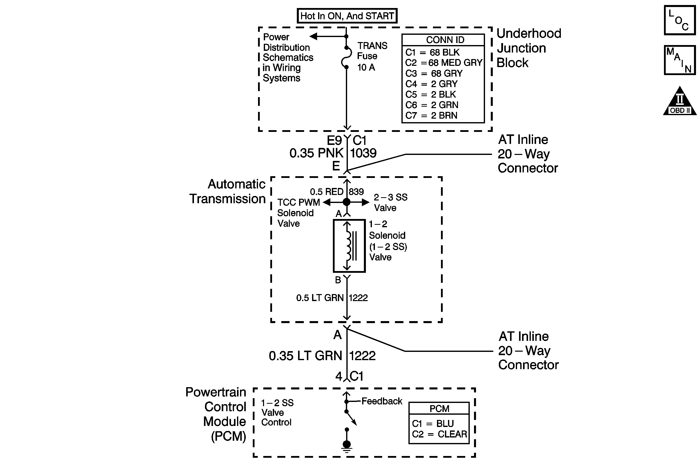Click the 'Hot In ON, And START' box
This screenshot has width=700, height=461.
pos(347,16)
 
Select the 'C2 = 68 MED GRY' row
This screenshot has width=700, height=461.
pos(443,63)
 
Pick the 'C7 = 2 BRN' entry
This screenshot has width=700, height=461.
pos(431,115)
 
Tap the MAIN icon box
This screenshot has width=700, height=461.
pos(679,60)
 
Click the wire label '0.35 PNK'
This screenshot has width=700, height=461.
pos(316,153)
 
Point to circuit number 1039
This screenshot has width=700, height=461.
pos(363,153)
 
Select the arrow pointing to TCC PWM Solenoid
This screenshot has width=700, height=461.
pos(327,202)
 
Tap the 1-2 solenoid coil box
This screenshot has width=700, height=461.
pos(349,246)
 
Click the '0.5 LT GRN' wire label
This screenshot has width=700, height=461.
pos(320,298)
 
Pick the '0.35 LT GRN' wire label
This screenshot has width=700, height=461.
pos(305,356)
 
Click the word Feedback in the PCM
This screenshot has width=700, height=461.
pos(381,401)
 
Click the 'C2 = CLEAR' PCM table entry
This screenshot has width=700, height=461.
pos(439,434)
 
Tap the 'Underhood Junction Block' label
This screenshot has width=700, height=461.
pos(529,48)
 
